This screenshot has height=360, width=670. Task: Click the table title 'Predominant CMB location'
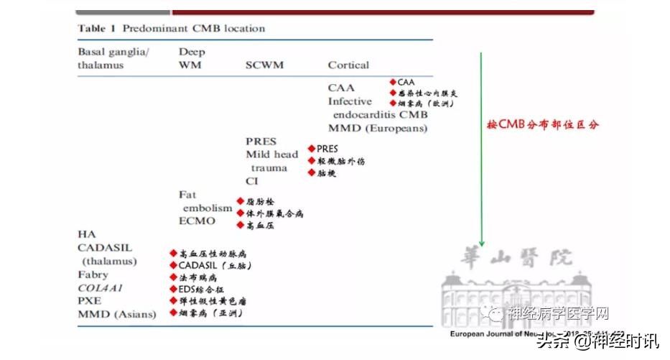(194, 29)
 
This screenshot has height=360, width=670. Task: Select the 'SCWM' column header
(264, 65)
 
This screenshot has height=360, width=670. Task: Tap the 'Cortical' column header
(348, 65)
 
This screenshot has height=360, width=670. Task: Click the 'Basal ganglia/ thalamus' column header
(111, 58)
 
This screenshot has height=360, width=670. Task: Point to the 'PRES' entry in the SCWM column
(261, 142)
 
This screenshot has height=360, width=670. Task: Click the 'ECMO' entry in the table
(197, 221)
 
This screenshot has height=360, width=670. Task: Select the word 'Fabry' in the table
(93, 274)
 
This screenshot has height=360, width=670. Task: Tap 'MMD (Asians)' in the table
(116, 314)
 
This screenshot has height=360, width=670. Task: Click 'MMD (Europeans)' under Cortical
(378, 129)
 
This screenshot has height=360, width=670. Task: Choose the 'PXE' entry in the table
(89, 300)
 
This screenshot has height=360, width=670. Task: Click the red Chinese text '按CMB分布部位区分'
(542, 124)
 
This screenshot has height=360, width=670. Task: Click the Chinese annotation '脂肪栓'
(260, 202)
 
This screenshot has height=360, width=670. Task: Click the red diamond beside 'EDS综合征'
(173, 289)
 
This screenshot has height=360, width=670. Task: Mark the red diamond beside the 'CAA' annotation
(393, 83)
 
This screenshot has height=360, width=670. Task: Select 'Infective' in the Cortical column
(350, 101)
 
